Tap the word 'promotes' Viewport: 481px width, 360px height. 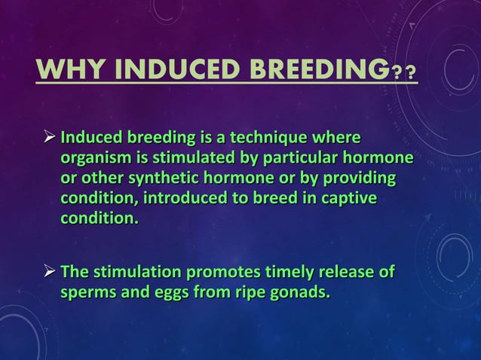pyautogui.click(x=224, y=272)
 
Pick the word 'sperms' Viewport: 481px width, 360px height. pyautogui.click(x=85, y=292)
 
